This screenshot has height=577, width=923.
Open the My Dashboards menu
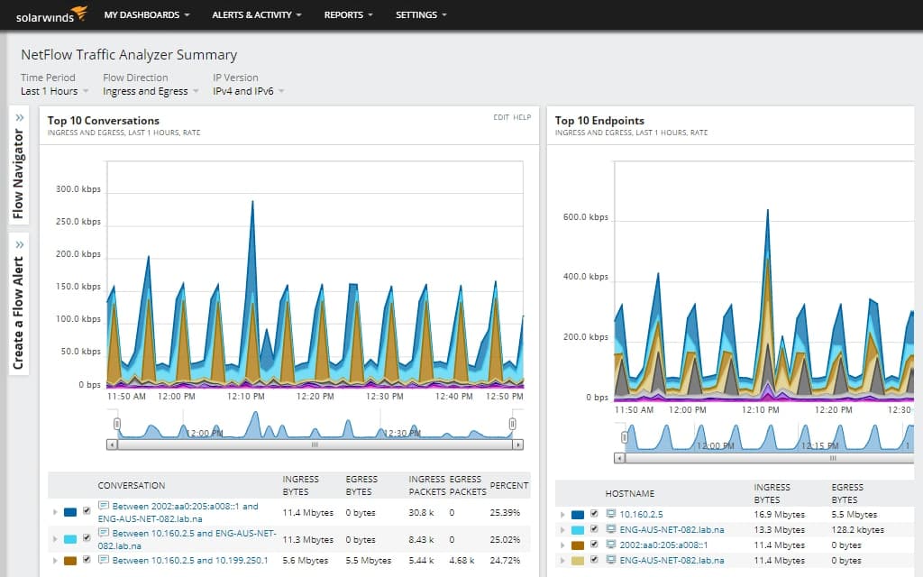click(147, 15)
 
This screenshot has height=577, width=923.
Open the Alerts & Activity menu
click(256, 15)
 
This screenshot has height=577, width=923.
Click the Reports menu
click(348, 15)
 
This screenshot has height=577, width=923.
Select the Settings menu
click(421, 15)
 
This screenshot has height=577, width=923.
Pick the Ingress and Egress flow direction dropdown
click(150, 91)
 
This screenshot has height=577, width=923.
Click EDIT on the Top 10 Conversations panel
click(500, 117)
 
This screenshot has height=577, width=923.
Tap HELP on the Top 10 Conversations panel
click(522, 117)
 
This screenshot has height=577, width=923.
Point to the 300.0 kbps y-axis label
click(78, 189)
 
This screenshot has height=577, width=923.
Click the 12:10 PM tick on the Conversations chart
click(245, 397)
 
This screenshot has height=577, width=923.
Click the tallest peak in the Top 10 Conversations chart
click(252, 202)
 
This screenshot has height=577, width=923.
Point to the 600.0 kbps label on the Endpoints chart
click(585, 217)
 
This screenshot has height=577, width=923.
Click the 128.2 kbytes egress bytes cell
click(856, 529)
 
